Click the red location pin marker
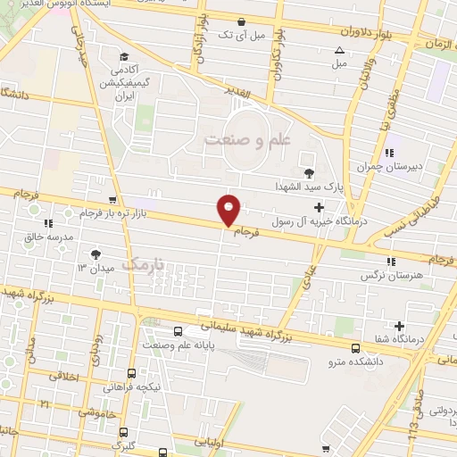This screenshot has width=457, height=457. pyautogui.click(x=229, y=209)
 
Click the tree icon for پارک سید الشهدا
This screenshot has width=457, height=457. pyautogui.click(x=309, y=172)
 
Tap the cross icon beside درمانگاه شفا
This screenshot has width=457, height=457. pyautogui.click(x=399, y=326)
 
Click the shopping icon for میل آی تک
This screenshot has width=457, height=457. pyautogui.click(x=240, y=23)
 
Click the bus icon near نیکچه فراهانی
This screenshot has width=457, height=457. pyautogui.click(x=131, y=374)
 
